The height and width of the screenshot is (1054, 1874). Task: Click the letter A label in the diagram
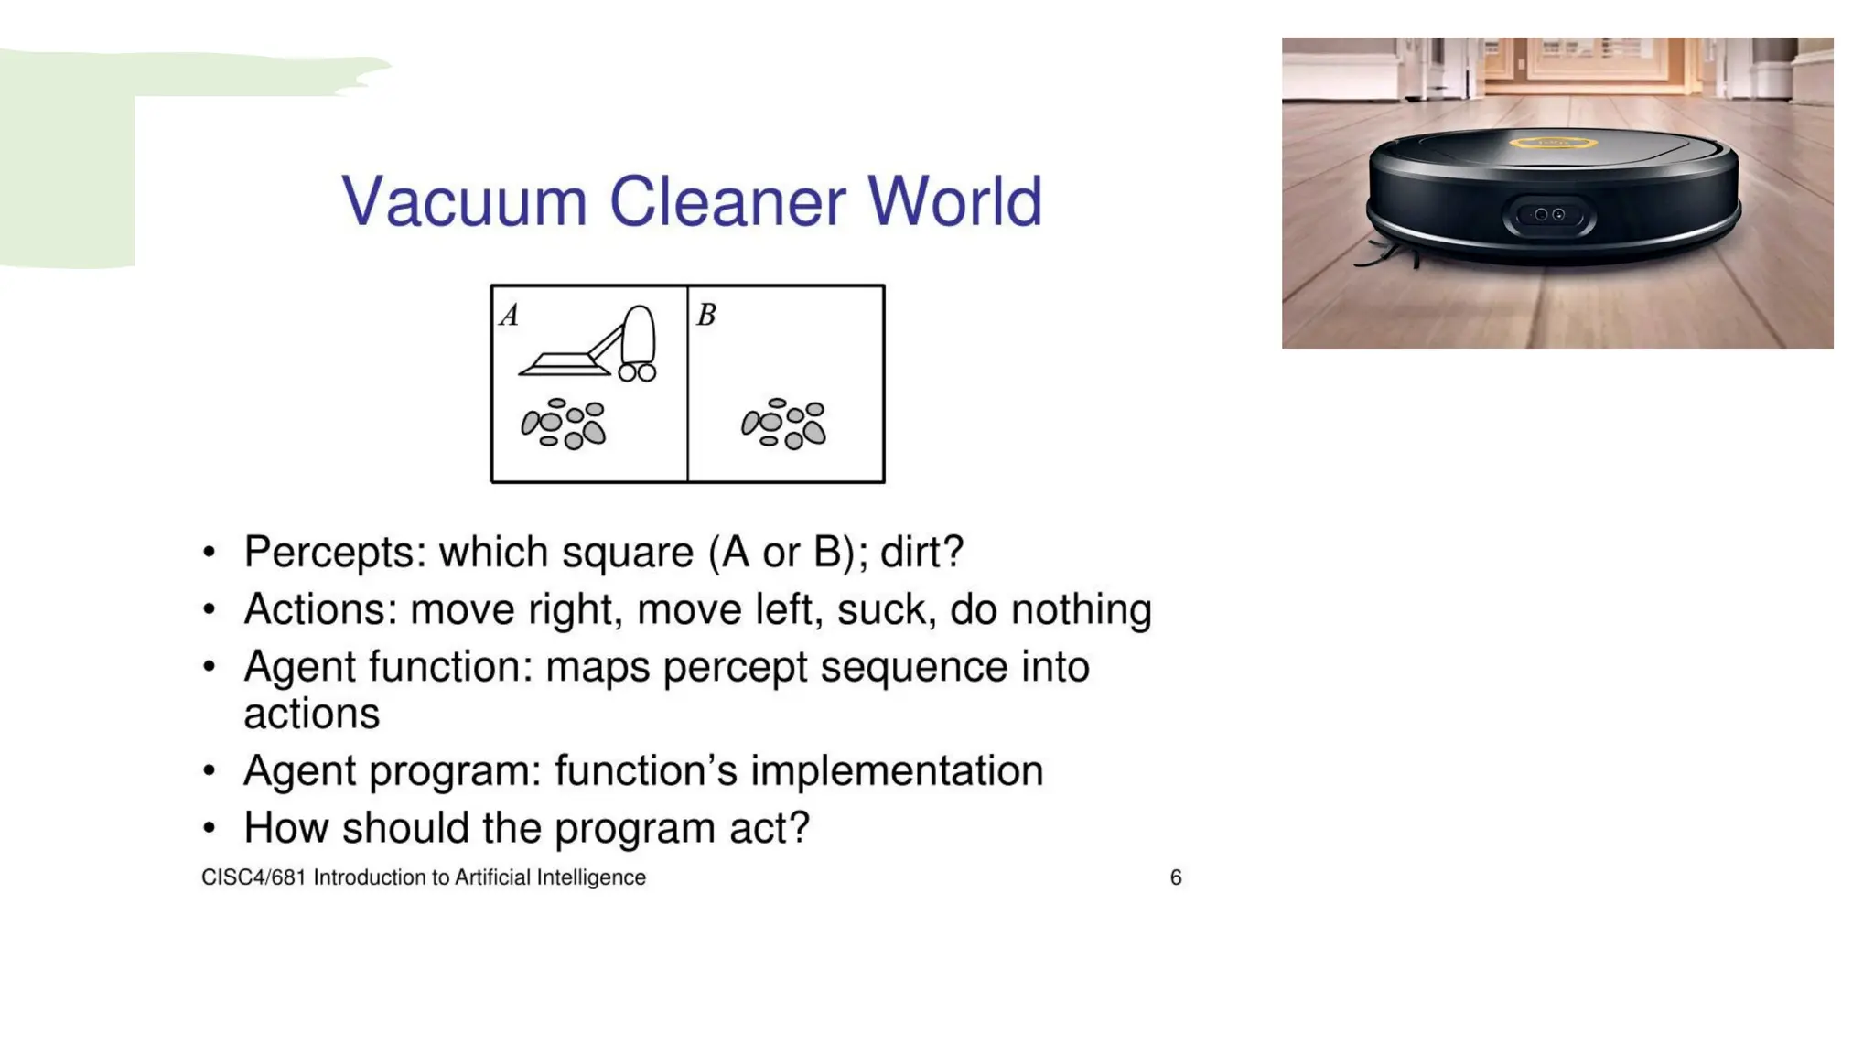tap(510, 316)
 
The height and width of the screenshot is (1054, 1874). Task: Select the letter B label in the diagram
tap(706, 316)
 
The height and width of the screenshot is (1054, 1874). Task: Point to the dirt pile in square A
tap(564, 424)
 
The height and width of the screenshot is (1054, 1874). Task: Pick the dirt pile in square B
tap(784, 424)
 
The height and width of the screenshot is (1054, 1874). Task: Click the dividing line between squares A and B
tap(687, 384)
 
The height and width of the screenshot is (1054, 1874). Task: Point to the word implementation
tap(897, 771)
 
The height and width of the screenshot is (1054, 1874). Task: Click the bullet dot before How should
tap(210, 829)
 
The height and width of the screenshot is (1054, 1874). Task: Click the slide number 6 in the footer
tap(1176, 878)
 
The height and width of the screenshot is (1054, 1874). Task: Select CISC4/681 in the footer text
tap(253, 878)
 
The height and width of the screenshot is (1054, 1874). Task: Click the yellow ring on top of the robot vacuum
tap(1552, 143)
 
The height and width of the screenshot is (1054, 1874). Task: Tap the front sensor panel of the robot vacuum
tap(1549, 216)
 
